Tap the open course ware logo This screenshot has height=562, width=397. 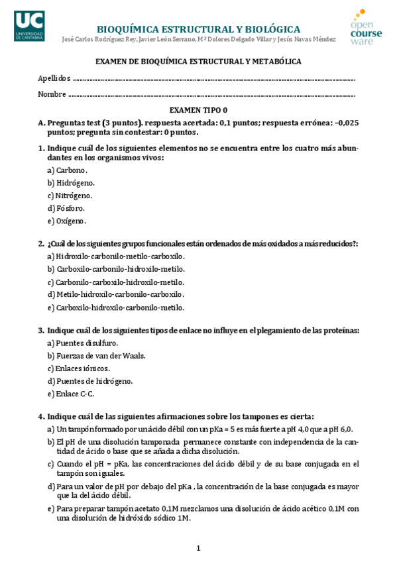367,27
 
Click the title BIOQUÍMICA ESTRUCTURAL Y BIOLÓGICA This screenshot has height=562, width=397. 198,29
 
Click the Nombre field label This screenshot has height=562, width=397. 52,94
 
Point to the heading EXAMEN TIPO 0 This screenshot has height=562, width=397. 198,110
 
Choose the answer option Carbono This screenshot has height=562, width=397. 71,170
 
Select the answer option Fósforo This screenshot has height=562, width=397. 70,208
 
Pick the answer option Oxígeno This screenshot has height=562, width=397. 71,221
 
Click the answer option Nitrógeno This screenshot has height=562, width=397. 74,196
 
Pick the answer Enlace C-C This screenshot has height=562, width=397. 74,394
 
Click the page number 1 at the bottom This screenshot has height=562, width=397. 198,548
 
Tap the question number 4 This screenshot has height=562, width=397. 40,416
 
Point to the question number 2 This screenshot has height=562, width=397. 40,244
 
